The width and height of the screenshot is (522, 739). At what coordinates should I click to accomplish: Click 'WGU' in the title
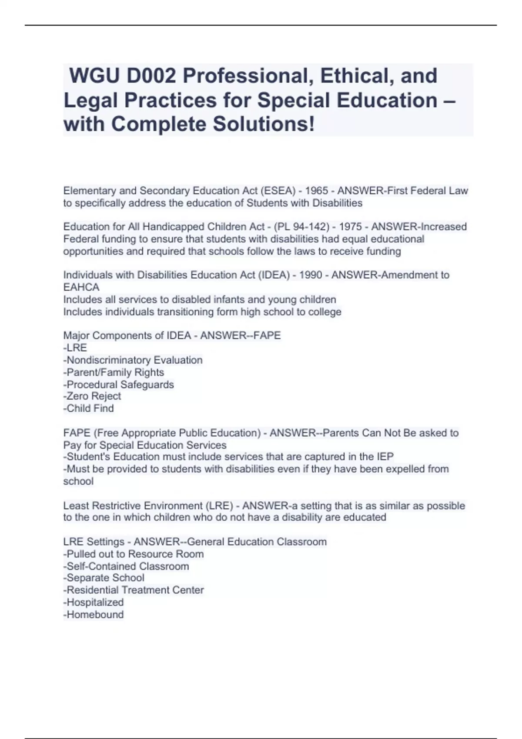(94, 76)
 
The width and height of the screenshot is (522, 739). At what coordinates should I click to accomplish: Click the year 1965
(316, 191)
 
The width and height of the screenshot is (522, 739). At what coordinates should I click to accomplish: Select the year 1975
(350, 227)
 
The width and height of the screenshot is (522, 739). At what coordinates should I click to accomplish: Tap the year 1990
(311, 275)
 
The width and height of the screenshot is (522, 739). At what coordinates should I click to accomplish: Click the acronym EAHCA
(81, 287)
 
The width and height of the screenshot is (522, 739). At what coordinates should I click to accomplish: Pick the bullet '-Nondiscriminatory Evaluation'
(133, 360)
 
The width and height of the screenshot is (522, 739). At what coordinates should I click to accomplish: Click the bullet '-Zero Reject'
(92, 396)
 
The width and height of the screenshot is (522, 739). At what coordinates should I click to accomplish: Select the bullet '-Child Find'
(89, 409)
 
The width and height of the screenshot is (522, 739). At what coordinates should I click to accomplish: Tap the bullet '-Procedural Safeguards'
(118, 385)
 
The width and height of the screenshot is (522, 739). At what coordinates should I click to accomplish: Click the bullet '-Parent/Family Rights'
(114, 373)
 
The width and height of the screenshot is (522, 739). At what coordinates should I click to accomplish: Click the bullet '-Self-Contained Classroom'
(126, 566)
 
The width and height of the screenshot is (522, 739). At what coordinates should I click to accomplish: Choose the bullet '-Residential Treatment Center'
(134, 590)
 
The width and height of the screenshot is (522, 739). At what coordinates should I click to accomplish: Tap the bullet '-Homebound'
(94, 615)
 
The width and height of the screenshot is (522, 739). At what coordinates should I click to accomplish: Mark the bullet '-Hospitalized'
(94, 603)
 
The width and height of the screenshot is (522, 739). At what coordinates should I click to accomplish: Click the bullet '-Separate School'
(104, 578)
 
